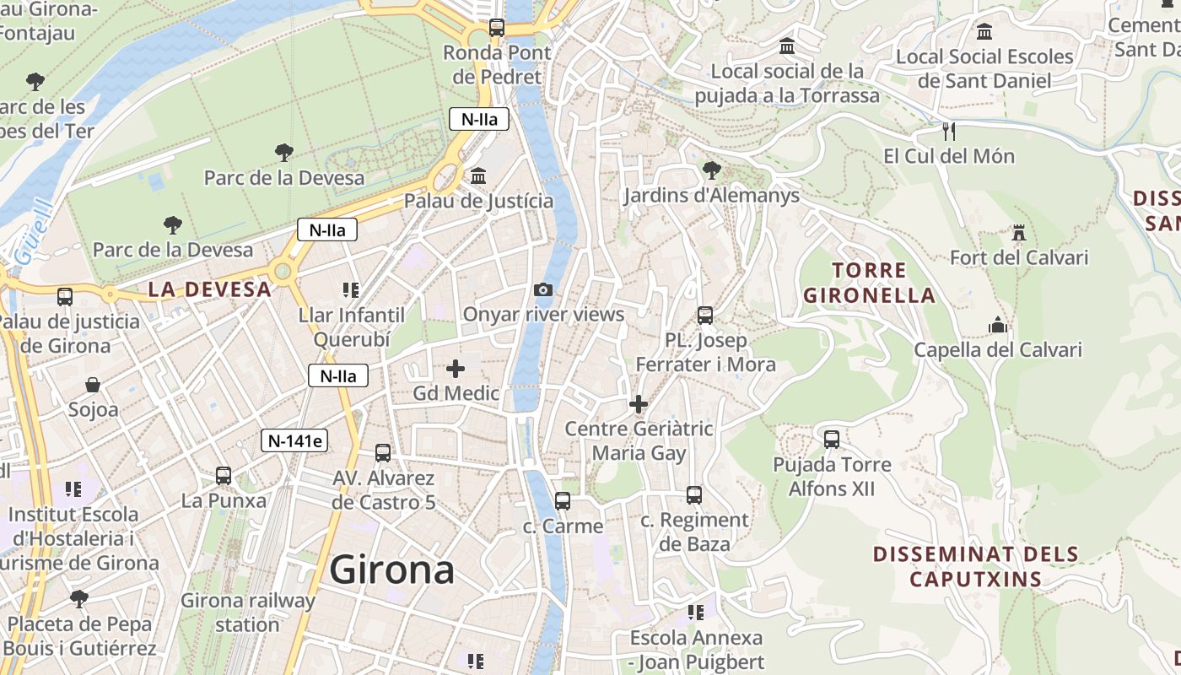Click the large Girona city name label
[x=392, y=570]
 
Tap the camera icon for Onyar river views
[x=544, y=290]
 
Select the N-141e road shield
[x=294, y=440]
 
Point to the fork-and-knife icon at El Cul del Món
[x=949, y=131]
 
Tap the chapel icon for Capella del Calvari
[x=998, y=325]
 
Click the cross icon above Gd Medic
[x=456, y=369]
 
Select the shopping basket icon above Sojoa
[x=93, y=386]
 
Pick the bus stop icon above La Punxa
[x=224, y=476]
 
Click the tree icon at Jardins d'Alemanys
[x=711, y=170]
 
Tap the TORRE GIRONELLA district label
[x=869, y=283]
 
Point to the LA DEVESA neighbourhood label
[x=210, y=289]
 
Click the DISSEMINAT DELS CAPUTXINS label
[x=975, y=566]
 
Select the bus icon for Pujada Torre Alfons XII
[x=832, y=440]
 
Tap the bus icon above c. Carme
[x=563, y=501]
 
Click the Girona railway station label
[x=247, y=613]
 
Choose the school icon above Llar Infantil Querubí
[x=351, y=290]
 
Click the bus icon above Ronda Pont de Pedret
[x=497, y=28]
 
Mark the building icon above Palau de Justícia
[x=478, y=175]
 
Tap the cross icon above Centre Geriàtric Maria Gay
[x=639, y=404]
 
